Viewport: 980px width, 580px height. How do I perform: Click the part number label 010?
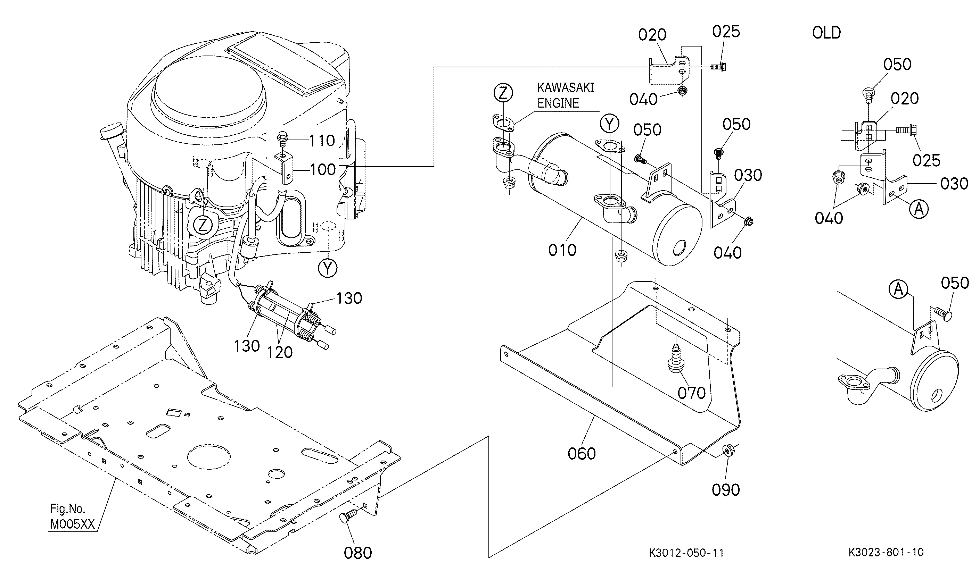point(562,250)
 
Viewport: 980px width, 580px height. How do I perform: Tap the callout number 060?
point(582,454)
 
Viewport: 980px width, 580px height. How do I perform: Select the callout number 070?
point(691,393)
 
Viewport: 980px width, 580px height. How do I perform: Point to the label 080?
point(358,553)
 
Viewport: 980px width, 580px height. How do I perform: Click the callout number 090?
point(726,490)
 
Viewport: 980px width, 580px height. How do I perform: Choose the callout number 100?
point(323,170)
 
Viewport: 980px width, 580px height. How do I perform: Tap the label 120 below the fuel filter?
point(280,353)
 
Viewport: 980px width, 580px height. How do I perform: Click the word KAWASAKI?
point(566,87)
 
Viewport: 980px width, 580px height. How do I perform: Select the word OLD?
point(826,33)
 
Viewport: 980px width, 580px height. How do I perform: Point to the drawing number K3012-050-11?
point(686,553)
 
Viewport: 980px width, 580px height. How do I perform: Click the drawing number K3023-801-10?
point(886,552)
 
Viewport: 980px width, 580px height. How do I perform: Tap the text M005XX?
point(73,524)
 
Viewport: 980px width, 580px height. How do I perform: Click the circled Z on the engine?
point(203,225)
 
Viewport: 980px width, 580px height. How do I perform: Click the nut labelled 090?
point(727,451)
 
